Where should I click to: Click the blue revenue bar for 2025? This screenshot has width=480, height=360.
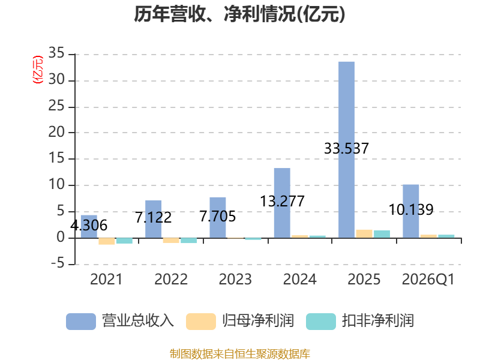(347, 149)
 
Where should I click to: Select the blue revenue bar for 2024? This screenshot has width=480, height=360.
(282, 203)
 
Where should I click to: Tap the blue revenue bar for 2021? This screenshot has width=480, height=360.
(89, 227)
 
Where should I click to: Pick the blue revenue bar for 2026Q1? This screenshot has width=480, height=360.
(411, 211)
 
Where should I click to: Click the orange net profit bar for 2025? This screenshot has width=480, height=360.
(364, 234)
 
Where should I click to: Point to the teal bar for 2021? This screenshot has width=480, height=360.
(124, 241)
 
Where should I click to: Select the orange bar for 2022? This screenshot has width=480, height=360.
(171, 241)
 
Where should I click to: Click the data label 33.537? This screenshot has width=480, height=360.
(347, 148)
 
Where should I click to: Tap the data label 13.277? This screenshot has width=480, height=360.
(282, 202)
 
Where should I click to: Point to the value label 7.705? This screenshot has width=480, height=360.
(218, 217)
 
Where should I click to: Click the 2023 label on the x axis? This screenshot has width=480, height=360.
(235, 280)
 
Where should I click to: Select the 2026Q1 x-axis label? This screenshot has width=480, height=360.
(428, 280)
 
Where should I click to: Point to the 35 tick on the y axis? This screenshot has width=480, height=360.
(56, 53)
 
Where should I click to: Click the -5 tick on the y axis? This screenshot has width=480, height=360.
(58, 263)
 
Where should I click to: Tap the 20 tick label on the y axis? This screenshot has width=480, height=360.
(56, 132)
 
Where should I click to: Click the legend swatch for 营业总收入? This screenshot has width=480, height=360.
(81, 322)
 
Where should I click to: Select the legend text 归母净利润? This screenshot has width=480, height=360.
(258, 321)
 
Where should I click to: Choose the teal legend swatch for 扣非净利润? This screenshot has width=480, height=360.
(321, 322)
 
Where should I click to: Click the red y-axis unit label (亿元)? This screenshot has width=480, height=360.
(38, 70)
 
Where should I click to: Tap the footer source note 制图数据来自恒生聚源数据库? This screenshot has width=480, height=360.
(240, 354)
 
